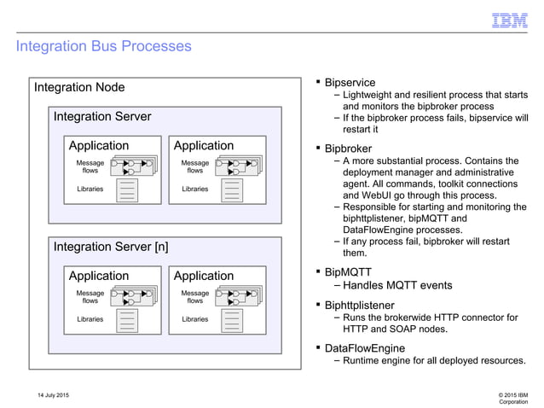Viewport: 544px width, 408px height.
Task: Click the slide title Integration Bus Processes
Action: pyautogui.click(x=103, y=46)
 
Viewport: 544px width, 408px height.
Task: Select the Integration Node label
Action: pyautogui.click(x=79, y=87)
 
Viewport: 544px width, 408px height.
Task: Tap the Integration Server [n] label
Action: pyautogui.click(x=111, y=247)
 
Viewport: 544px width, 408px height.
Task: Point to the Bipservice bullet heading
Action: pyautogui.click(x=350, y=83)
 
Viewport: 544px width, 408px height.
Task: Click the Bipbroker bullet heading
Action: pyautogui.click(x=350, y=149)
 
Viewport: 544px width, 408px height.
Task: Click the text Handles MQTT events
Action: pyautogui.click(x=397, y=286)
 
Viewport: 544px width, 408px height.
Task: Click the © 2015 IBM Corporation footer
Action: pyautogui.click(x=512, y=398)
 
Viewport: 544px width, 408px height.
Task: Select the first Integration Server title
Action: pyautogui.click(x=102, y=116)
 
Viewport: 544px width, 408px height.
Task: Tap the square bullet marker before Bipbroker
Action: pyautogui.click(x=318, y=148)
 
